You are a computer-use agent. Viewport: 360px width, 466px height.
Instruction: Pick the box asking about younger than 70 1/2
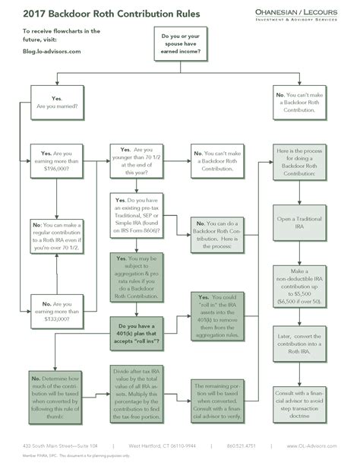pyautogui.click(x=136, y=162)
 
